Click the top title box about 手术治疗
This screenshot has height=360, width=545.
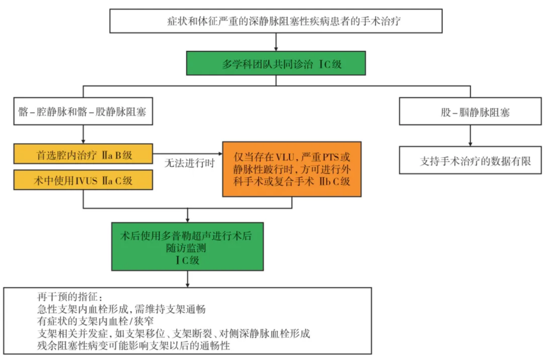pyautogui.click(x=276, y=21)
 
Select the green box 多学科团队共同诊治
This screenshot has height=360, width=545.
pyautogui.click(x=276, y=63)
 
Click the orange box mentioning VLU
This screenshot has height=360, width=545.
pyautogui.click(x=291, y=169)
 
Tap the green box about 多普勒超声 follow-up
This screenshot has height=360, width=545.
pyautogui.click(x=187, y=246)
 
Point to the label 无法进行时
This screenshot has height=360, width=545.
pyautogui.click(x=187, y=163)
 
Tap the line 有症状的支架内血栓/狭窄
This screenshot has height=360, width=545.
pyautogui.click(x=95, y=321)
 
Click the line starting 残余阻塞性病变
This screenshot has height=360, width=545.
pyautogui.click(x=134, y=346)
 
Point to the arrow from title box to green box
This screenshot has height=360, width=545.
pyautogui.click(x=276, y=42)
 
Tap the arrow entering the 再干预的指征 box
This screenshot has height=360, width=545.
pyautogui.click(x=187, y=280)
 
